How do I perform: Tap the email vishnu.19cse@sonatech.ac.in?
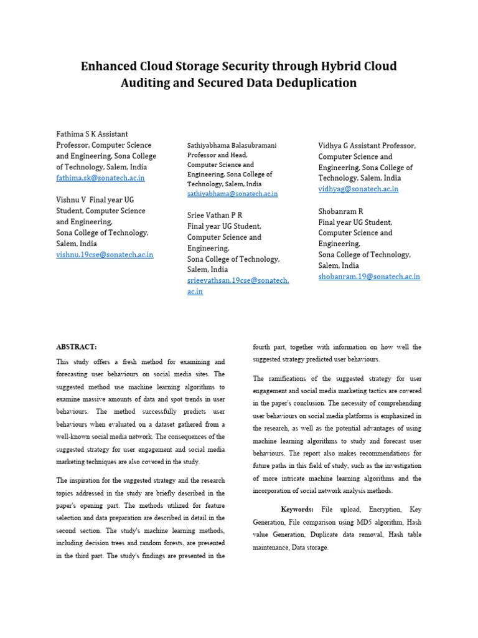(105, 254)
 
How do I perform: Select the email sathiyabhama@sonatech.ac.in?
(232, 194)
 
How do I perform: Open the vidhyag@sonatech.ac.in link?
(358, 189)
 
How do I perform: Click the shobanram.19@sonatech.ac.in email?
(368, 276)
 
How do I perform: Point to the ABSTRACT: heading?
(77, 347)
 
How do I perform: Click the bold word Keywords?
(298, 509)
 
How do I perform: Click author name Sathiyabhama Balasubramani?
(232, 145)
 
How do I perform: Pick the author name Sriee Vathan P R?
(215, 215)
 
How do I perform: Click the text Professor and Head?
(217, 155)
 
